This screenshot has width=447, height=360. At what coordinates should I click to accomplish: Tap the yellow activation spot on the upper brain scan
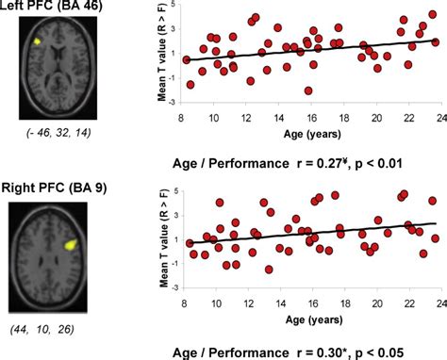tap(37, 42)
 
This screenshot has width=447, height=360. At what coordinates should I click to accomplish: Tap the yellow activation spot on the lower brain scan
tap(69, 242)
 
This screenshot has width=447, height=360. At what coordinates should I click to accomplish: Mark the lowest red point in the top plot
tap(308, 90)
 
